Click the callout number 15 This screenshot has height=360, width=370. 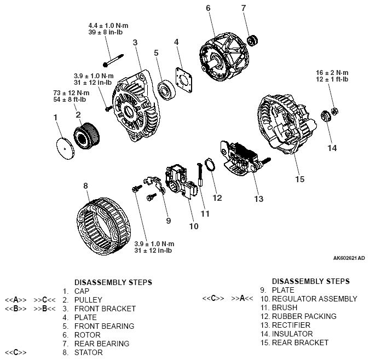[298, 178]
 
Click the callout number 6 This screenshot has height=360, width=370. [208, 8]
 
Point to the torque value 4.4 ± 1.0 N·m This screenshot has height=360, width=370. [108, 26]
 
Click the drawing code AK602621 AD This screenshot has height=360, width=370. [348, 257]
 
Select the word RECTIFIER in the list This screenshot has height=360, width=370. [293, 325]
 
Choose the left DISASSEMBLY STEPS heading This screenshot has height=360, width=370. [113, 282]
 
